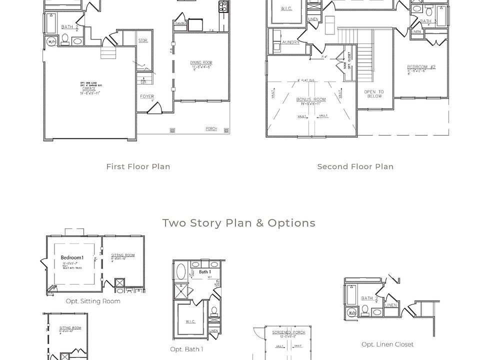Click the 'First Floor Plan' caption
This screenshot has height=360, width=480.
click(138, 166)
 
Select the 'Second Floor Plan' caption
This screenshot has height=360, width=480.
click(355, 166)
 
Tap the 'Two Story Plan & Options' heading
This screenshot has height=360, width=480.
click(238, 223)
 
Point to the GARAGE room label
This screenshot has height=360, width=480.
click(89, 88)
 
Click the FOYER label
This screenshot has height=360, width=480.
click(147, 96)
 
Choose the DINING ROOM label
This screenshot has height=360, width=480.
click(201, 62)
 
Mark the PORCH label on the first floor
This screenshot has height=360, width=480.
click(211, 129)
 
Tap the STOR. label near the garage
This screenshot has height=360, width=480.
click(143, 40)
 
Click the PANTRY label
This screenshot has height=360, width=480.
click(180, 23)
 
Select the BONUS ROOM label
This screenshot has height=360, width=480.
click(311, 99)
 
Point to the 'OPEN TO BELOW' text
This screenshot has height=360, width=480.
click(374, 94)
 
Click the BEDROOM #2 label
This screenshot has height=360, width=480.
click(421, 67)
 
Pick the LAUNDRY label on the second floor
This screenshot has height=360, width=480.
click(290, 42)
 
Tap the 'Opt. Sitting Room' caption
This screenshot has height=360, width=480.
click(93, 301)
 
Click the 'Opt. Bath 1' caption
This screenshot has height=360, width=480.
click(186, 349)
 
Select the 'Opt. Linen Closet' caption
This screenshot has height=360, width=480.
click(387, 344)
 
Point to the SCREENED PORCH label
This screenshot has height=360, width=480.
click(288, 332)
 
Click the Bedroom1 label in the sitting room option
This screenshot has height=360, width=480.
click(72, 258)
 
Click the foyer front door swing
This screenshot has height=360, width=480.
click(155, 107)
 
